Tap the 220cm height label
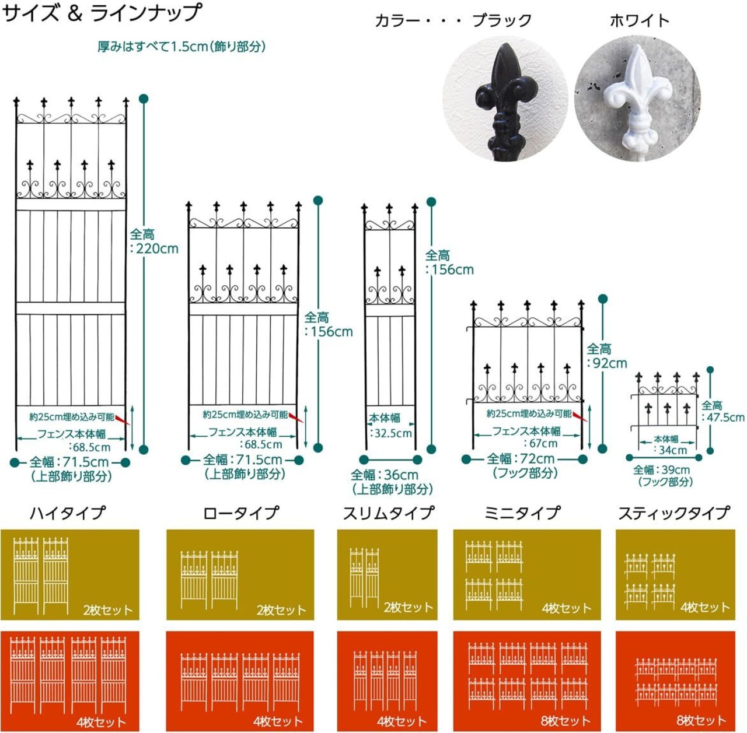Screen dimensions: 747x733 [x=154, y=241]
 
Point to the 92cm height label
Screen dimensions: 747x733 [x=606, y=356]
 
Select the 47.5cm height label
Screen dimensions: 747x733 [x=722, y=411]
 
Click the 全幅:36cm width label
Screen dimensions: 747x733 [x=385, y=475]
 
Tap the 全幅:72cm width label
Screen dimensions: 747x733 [x=521, y=459]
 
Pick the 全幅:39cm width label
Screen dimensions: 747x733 [x=661, y=470]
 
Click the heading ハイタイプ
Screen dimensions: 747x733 [x=68, y=513]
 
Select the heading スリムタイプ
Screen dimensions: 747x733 [x=388, y=513]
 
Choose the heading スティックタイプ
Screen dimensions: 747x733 [x=673, y=513]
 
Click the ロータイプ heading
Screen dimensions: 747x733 [x=240, y=513]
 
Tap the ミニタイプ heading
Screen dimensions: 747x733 [x=522, y=513]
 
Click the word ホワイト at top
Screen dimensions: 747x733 [x=639, y=21]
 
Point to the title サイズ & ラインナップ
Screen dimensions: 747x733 [x=102, y=13]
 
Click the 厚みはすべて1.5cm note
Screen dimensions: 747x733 [x=181, y=47]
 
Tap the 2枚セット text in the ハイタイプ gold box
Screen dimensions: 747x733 [x=108, y=611]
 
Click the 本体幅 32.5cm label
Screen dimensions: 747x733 [x=389, y=426]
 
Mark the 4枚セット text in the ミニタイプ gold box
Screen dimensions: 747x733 [x=566, y=608]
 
